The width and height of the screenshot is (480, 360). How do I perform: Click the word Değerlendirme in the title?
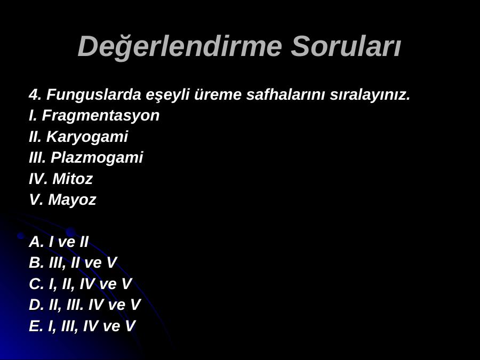click(180, 46)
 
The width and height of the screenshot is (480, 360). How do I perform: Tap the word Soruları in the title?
click(346, 46)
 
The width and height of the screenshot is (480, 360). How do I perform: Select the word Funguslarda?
click(94, 94)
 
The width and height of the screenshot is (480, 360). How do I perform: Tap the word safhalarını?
click(285, 94)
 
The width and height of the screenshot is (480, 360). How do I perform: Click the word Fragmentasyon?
click(101, 116)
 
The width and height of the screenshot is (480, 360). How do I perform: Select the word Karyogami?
click(87, 137)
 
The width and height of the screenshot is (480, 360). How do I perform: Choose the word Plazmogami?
click(97, 158)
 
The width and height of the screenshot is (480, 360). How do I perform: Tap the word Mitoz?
click(73, 179)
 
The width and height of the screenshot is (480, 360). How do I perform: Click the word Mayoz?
click(72, 200)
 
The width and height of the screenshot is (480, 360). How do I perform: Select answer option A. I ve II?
click(59, 242)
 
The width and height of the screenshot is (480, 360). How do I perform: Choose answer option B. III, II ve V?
click(73, 263)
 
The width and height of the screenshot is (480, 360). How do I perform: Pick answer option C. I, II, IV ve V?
click(80, 284)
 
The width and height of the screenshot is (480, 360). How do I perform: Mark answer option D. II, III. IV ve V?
click(85, 305)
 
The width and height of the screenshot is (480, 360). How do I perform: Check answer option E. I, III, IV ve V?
click(82, 326)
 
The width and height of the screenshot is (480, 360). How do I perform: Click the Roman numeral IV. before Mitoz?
click(38, 179)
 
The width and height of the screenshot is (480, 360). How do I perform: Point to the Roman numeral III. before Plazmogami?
click(37, 158)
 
